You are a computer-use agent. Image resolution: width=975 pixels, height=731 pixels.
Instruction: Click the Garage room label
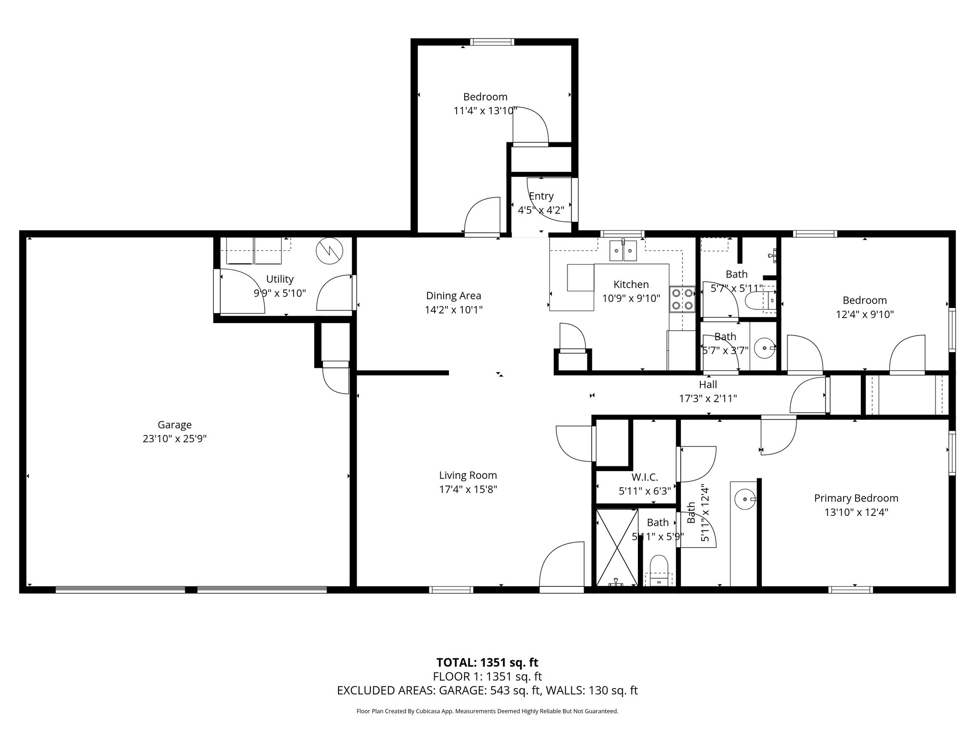coord(175,425)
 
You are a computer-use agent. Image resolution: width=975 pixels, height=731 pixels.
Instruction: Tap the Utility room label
coord(279,279)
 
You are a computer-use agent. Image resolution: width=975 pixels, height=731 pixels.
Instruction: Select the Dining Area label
coord(453,296)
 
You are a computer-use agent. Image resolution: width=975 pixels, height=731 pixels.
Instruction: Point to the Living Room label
coord(468,475)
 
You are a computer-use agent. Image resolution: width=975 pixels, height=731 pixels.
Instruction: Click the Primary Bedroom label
coord(856,498)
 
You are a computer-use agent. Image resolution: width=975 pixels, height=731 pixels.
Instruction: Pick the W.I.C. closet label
coord(645,477)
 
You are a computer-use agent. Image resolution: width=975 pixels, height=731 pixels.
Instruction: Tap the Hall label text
coord(708,384)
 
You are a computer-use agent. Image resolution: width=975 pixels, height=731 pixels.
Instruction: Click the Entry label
coord(541,196)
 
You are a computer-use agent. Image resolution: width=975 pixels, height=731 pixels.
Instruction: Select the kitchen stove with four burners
coord(682,299)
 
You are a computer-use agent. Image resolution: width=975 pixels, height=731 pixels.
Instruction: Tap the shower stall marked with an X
coord(617,547)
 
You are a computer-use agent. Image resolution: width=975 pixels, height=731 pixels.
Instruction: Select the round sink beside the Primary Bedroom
coord(744,500)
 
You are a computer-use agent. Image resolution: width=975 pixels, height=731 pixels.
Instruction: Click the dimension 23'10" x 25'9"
coord(175,439)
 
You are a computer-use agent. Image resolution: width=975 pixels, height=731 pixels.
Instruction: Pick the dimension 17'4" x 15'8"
coord(468,489)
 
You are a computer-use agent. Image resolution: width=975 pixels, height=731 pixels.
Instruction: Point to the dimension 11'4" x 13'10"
coord(485,111)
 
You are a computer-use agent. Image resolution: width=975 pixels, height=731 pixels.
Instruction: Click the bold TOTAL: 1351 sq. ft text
coord(487,662)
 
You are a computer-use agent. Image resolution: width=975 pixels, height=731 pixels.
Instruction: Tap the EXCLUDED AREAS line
coord(487,691)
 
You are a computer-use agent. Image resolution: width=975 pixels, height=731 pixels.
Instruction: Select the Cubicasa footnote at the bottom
coord(487,711)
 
